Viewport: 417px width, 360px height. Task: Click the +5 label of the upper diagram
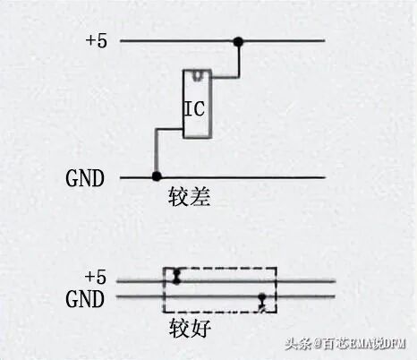click(96, 40)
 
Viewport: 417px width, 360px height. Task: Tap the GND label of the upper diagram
click(85, 178)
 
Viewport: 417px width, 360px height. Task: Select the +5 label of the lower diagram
click(96, 277)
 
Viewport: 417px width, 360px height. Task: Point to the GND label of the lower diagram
click(85, 299)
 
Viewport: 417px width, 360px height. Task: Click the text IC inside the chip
click(195, 108)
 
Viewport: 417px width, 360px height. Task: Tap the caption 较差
click(190, 197)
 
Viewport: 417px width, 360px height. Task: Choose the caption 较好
click(190, 328)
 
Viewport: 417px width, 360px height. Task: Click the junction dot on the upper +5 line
click(238, 41)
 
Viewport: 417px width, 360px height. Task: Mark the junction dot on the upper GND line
click(157, 176)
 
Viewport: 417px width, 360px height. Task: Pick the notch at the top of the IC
click(197, 75)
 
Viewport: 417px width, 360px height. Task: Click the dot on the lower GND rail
click(262, 297)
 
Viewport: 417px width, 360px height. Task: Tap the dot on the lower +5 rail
click(177, 281)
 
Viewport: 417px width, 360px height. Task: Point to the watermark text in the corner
click(345, 344)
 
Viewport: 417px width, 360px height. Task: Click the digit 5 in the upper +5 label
click(102, 40)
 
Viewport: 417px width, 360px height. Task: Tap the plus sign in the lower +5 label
click(89, 277)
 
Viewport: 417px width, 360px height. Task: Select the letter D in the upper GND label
click(98, 178)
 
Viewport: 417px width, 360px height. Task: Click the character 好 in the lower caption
click(200, 328)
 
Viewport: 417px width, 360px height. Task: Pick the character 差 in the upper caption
click(200, 197)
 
